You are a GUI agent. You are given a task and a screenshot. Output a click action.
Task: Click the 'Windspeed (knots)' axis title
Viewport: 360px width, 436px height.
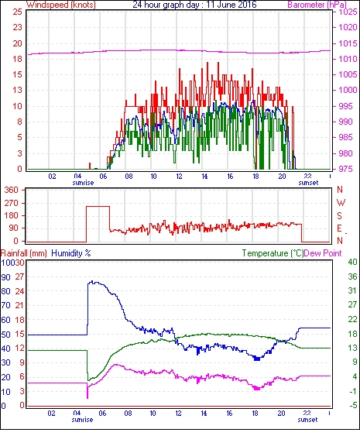pyautogui.click(x=61, y=5)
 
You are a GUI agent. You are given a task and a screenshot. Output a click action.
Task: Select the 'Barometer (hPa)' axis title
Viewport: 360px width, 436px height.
pyautogui.click(x=317, y=5)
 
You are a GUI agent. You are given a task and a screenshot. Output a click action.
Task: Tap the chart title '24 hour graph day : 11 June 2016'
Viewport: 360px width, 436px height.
pyautogui.click(x=194, y=5)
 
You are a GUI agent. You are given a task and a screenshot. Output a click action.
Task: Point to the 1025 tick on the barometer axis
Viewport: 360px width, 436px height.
pyautogui.click(x=348, y=12)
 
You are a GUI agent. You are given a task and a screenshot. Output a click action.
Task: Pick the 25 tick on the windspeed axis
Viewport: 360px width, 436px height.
pyautogui.click(x=17, y=12)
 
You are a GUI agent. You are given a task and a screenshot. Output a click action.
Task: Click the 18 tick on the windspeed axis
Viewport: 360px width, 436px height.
pyautogui.click(x=17, y=59)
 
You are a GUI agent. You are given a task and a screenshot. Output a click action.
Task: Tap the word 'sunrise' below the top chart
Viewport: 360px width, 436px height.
pyautogui.click(x=83, y=183)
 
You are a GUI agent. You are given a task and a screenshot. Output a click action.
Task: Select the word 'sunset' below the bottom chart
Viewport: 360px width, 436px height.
pyautogui.click(x=307, y=420)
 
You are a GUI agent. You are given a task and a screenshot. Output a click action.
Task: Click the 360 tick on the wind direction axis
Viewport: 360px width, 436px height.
pyautogui.click(x=12, y=191)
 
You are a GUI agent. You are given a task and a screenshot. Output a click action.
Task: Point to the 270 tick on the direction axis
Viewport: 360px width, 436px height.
pyautogui.click(x=12, y=203)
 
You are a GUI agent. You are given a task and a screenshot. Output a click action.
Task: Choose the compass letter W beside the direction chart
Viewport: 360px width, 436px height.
pyautogui.click(x=341, y=203)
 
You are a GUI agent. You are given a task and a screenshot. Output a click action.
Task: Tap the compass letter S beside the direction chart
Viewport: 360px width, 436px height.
pyautogui.click(x=339, y=216)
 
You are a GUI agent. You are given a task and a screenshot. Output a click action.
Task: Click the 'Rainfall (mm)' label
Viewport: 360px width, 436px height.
pyautogui.click(x=24, y=253)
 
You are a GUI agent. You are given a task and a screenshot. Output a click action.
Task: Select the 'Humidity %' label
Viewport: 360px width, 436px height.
pyautogui.click(x=71, y=253)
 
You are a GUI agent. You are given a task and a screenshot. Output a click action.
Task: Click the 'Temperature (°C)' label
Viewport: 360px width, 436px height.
pyautogui.click(x=273, y=253)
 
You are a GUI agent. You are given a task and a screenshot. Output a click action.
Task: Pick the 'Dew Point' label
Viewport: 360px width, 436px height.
pyautogui.click(x=323, y=253)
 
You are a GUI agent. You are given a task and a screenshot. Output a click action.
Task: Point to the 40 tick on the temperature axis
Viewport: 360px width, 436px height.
pyautogui.click(x=352, y=262)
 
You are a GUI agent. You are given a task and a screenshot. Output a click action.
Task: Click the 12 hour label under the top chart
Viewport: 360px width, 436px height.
pyautogui.click(x=179, y=177)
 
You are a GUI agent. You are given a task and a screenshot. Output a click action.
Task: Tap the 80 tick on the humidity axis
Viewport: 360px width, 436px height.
pyautogui.click(x=6, y=291)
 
